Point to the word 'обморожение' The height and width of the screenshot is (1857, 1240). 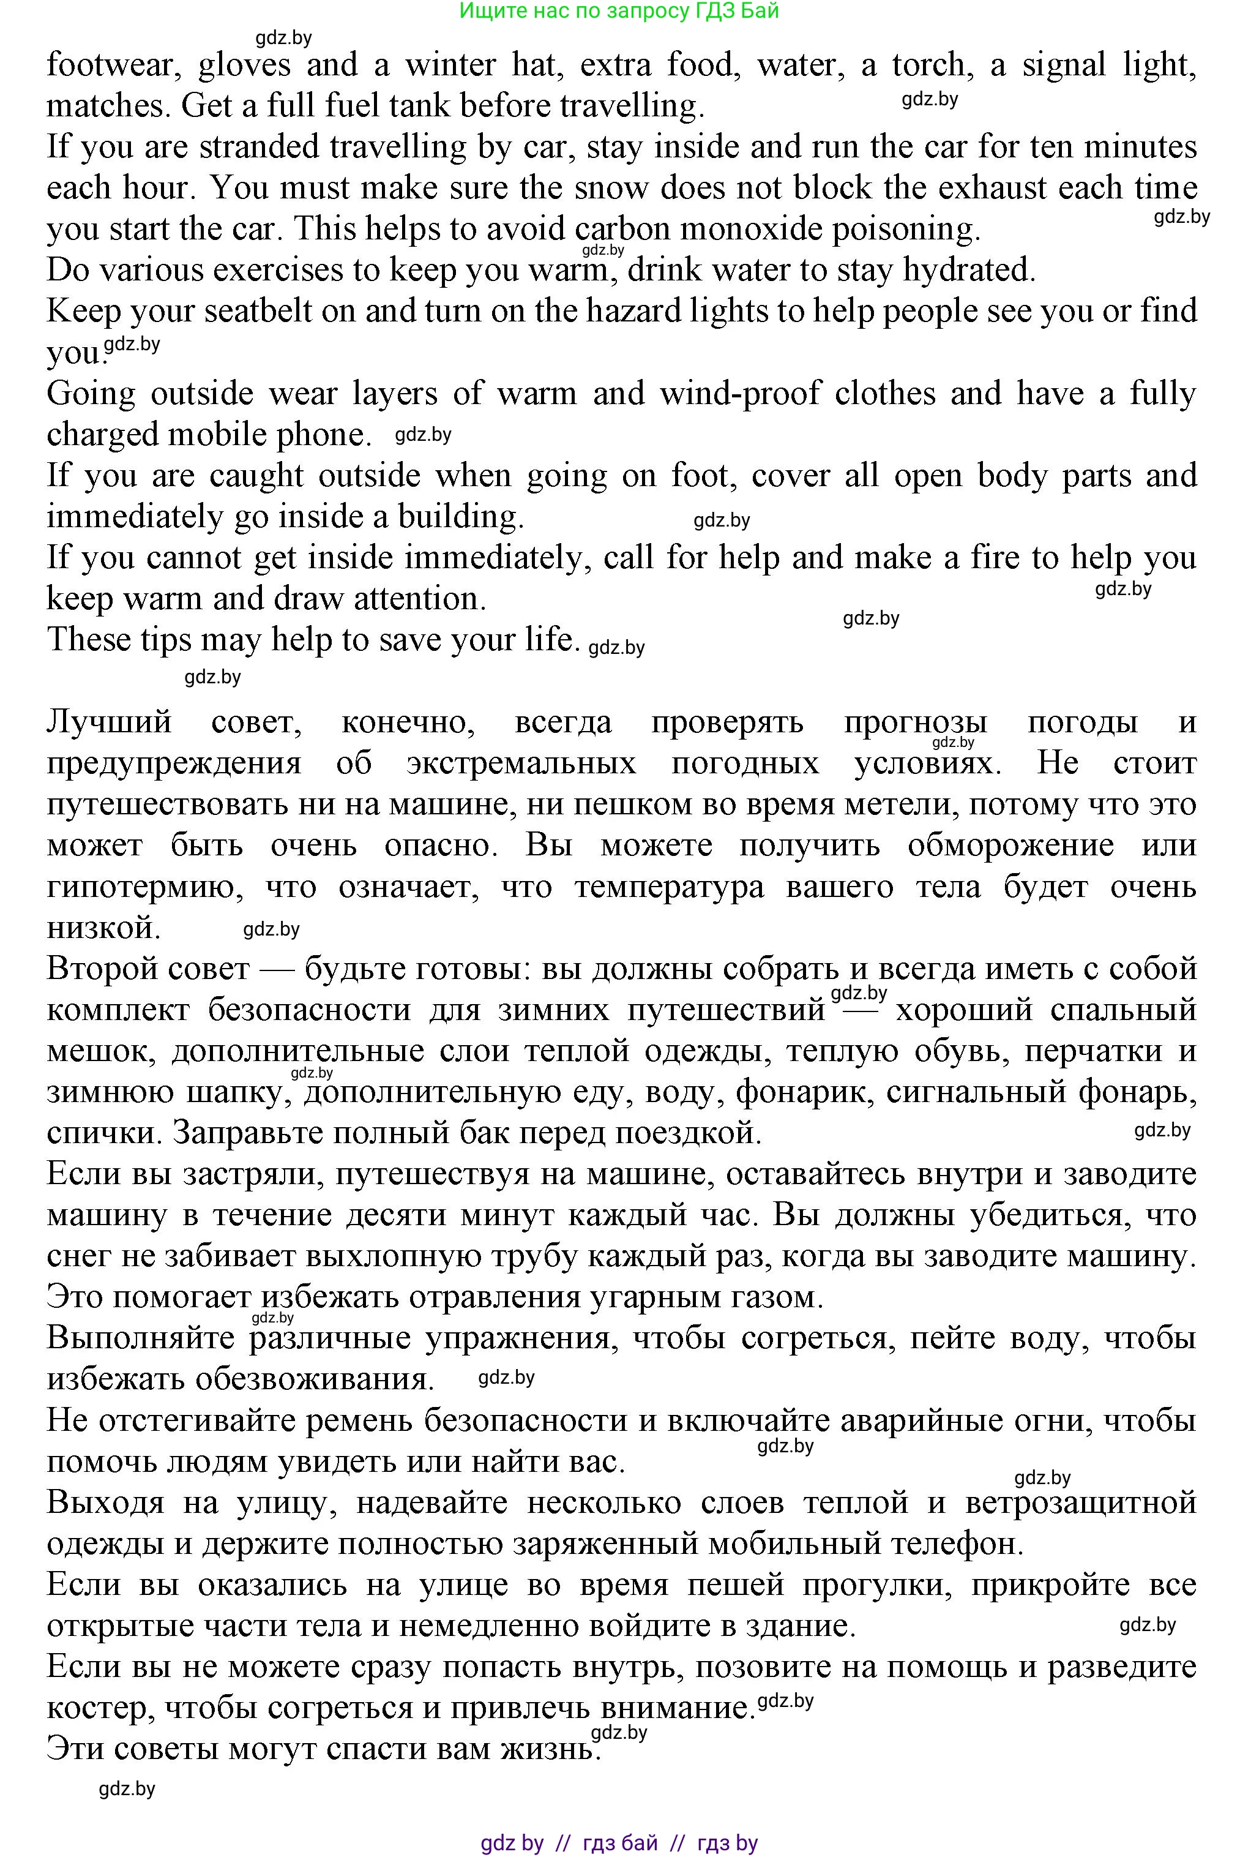click(x=1010, y=846)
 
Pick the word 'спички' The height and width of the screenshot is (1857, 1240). click(x=103, y=1133)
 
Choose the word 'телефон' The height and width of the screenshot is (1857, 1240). click(x=957, y=1544)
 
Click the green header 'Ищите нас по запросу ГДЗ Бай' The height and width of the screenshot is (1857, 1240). click(x=619, y=10)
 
